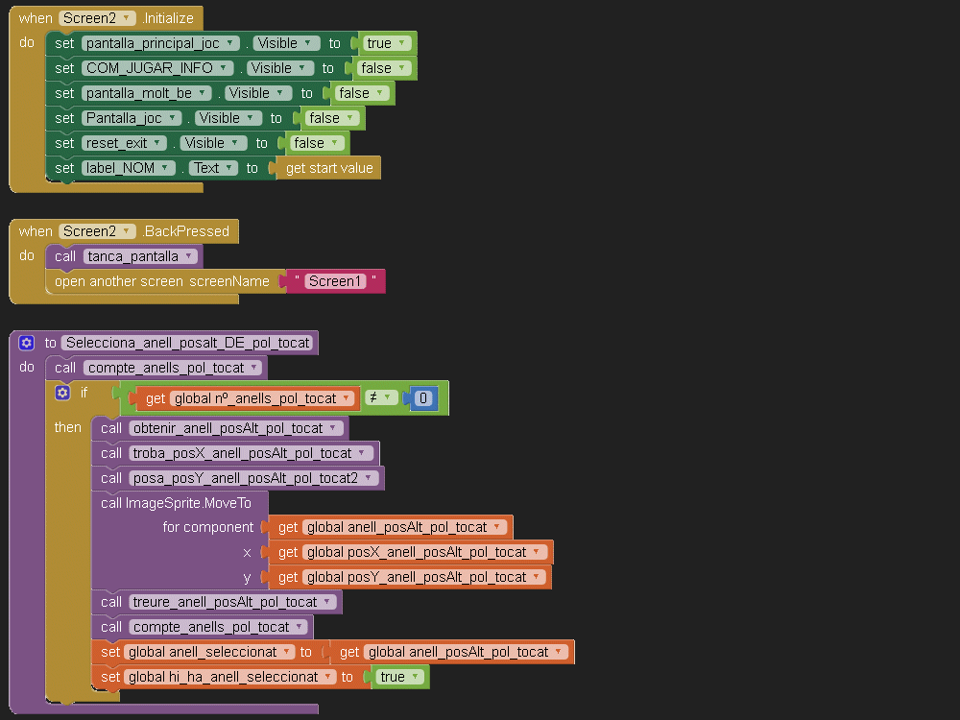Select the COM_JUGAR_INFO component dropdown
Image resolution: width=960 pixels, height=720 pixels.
click(x=157, y=68)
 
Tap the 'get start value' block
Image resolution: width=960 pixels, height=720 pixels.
click(x=328, y=168)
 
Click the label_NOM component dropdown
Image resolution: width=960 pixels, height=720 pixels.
click(x=129, y=168)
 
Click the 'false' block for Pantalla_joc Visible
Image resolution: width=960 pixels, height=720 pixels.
click(x=330, y=118)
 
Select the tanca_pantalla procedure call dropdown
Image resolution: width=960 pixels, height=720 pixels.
click(x=139, y=256)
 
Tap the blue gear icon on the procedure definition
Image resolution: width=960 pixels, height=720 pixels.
click(x=26, y=343)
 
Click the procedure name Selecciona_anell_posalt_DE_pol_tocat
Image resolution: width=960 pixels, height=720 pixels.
click(x=188, y=343)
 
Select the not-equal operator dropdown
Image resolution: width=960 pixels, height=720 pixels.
click(x=381, y=398)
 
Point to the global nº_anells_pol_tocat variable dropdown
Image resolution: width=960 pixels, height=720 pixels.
click(x=262, y=398)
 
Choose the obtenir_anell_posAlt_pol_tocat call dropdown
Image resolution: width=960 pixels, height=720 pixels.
click(x=235, y=428)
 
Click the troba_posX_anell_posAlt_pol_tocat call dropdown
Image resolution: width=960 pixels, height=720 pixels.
click(x=250, y=453)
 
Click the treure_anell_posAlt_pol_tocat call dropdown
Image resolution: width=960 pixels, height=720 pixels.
click(x=231, y=602)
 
